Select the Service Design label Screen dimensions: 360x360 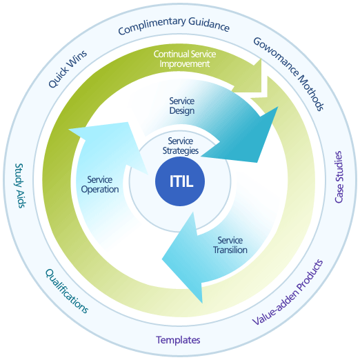(182, 106)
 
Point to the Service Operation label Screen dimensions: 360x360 (100, 184)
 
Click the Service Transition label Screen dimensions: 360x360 (230, 245)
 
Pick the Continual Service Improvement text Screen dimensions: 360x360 (181, 59)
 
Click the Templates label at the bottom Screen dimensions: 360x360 (178, 340)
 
